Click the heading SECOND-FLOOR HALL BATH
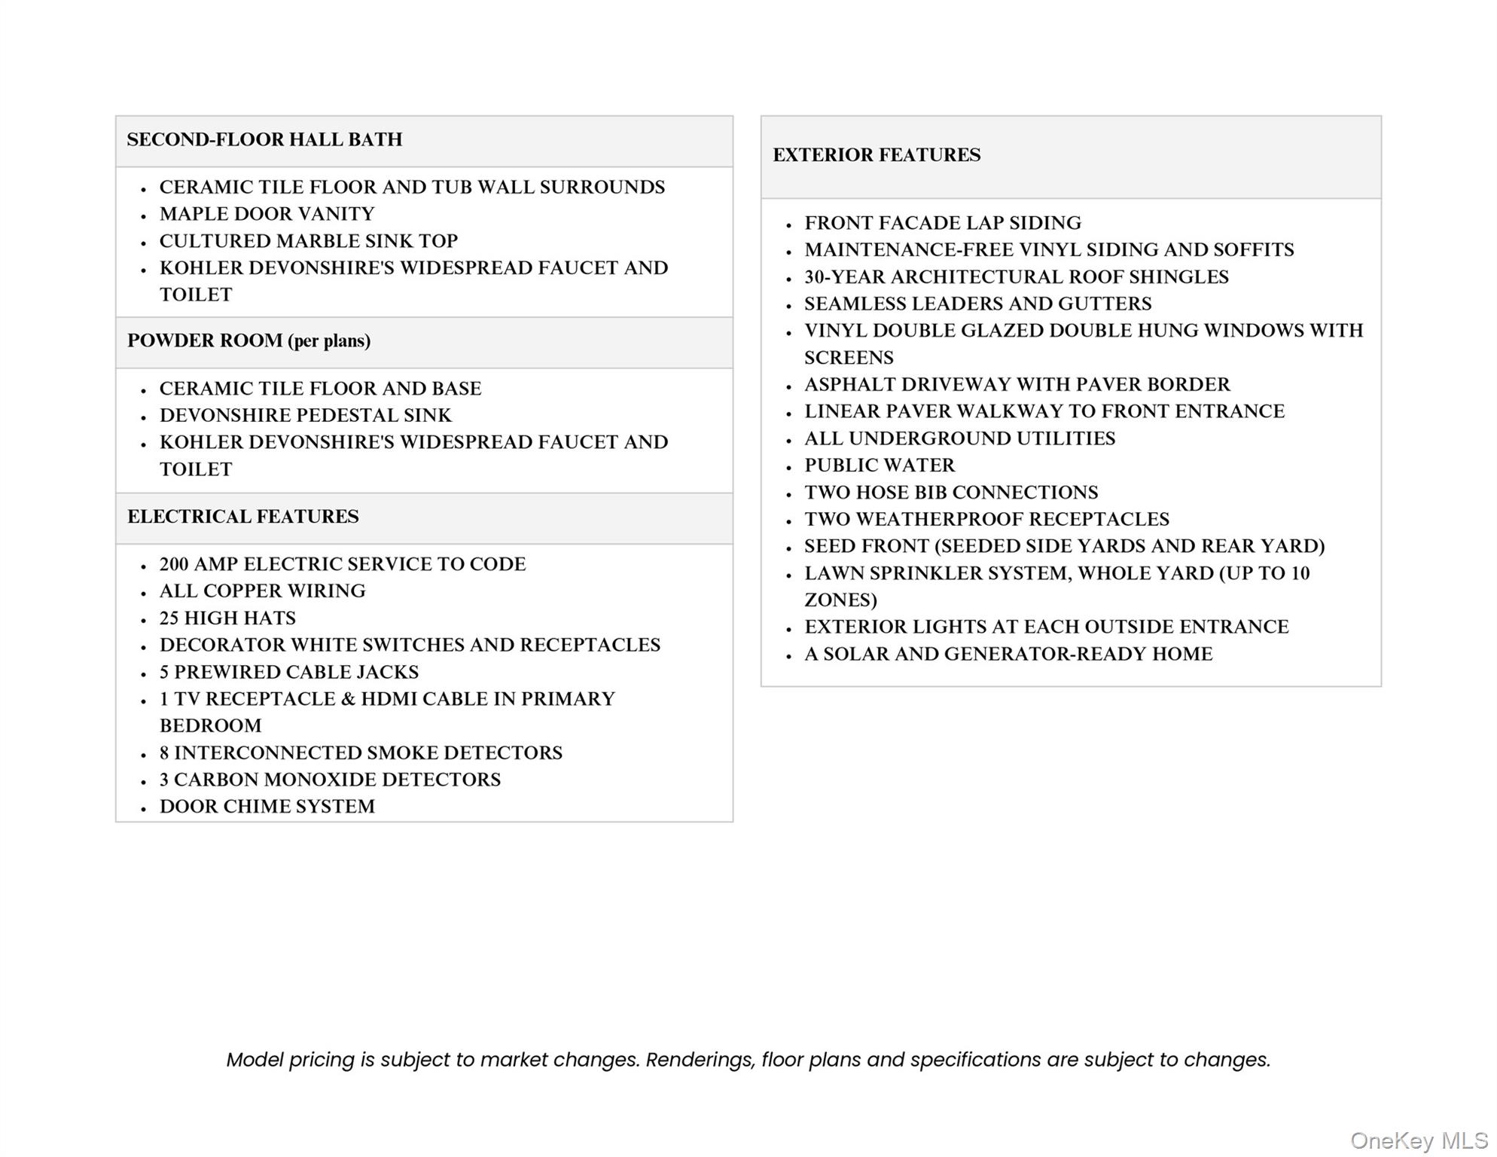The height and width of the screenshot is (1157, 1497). (264, 139)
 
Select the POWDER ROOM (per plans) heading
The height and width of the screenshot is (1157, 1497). (248, 340)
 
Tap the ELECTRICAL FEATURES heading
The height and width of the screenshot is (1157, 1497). (242, 517)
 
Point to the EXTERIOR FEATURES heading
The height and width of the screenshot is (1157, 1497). (877, 155)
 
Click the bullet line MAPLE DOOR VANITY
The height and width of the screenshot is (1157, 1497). (267, 214)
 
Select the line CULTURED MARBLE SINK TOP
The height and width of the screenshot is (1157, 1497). (308, 241)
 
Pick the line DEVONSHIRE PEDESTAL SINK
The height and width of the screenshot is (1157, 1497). (305, 415)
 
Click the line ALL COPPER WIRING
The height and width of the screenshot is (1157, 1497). (262, 591)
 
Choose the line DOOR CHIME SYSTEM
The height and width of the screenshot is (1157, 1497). (267, 807)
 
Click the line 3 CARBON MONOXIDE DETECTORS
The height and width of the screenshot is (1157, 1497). (330, 780)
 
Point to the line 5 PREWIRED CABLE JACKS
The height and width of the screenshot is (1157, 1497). (288, 672)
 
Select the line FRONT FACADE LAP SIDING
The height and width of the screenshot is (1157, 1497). (942, 223)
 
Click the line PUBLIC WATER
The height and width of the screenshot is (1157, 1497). (879, 466)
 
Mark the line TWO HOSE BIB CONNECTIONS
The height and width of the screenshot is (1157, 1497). (950, 493)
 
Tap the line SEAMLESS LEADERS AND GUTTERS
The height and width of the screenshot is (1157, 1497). (977, 304)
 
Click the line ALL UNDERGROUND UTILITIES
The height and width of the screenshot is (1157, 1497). (959, 438)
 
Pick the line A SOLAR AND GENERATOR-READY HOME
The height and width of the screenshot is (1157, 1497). (1008, 654)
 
